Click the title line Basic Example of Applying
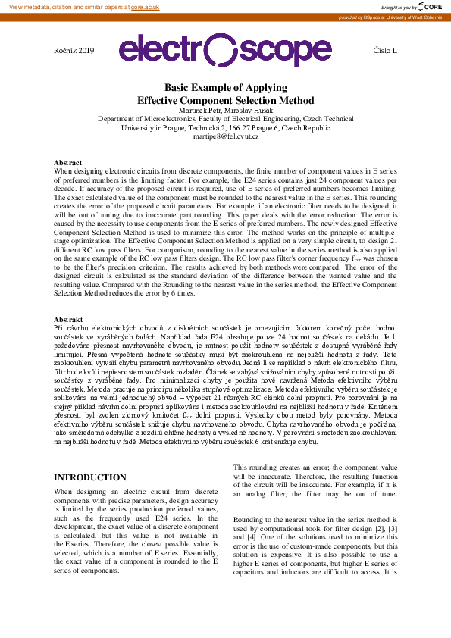(x=225, y=88)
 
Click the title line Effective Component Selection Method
(x=225, y=100)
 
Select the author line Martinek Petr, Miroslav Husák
(x=225, y=111)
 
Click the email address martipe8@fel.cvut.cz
(x=225, y=136)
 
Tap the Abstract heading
(x=68, y=163)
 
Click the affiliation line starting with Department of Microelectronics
(x=225, y=119)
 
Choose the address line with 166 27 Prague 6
(x=225, y=127)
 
